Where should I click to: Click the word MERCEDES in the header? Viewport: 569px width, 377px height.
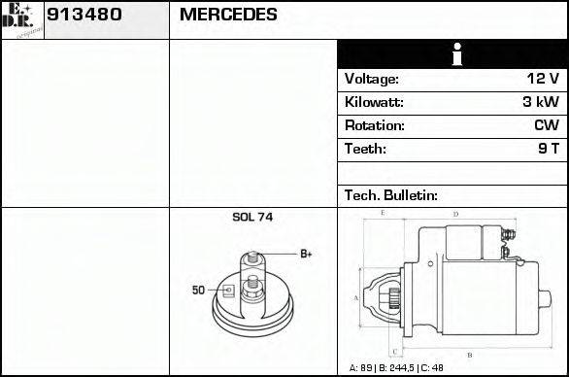pos(228,16)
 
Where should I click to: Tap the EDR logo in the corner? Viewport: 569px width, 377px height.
pos(22,18)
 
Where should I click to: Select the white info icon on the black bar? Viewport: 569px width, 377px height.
pos(453,54)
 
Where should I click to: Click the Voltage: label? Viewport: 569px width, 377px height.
pos(372,79)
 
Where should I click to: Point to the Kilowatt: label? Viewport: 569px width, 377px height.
pos(374,102)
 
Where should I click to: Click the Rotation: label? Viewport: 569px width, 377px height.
pos(374,125)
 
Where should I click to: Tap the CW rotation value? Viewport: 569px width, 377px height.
pos(546,125)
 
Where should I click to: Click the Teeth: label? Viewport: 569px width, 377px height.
pos(365,149)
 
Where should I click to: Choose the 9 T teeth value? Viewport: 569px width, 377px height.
pos(548,149)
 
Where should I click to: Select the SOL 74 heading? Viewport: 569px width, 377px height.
pos(252,218)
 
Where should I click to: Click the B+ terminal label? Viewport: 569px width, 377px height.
pos(305,255)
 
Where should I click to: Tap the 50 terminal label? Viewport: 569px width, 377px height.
pos(198,290)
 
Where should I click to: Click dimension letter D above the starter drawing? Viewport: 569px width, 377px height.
pos(455,213)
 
